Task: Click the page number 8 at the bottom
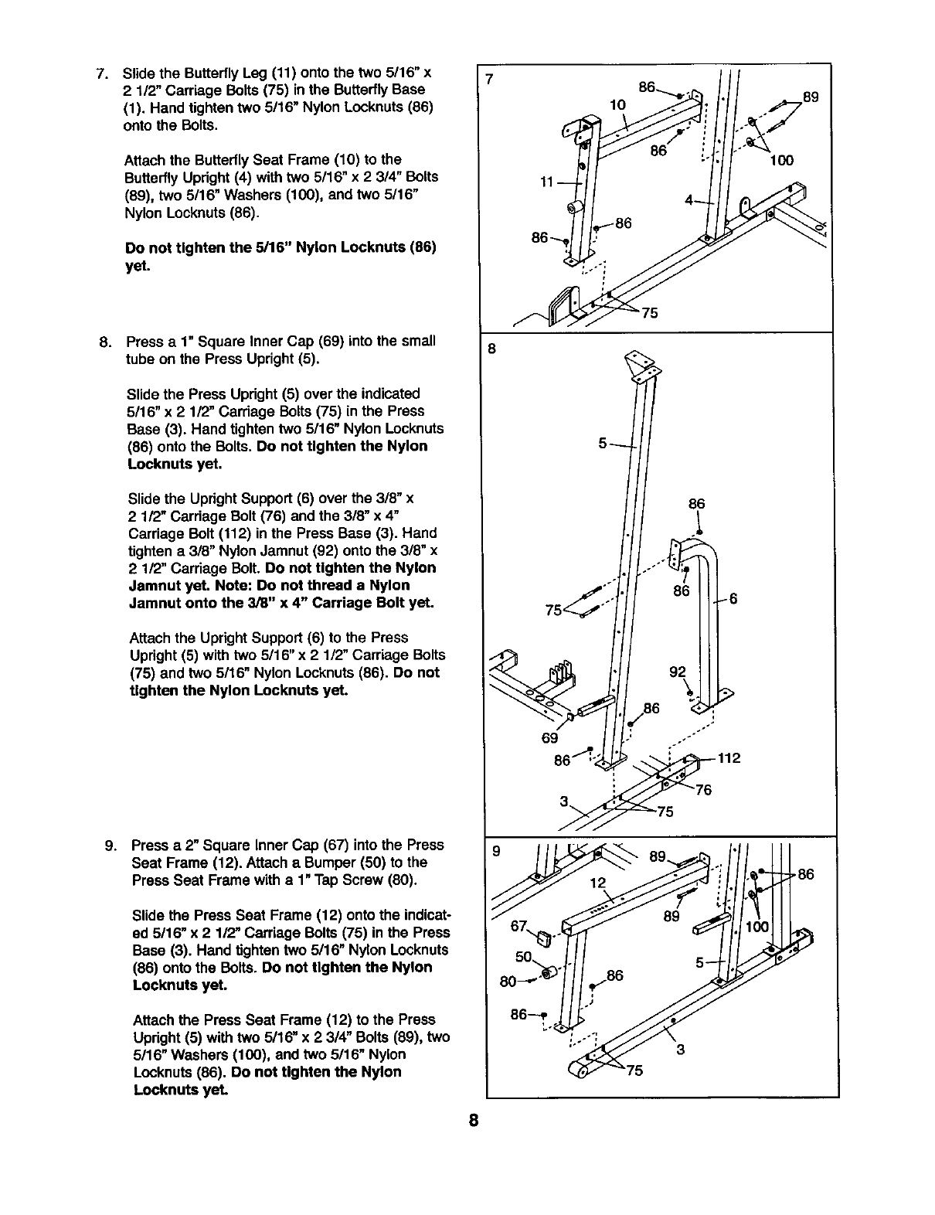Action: coord(474,1121)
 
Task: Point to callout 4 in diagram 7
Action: coord(689,200)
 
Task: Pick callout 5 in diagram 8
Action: coord(603,444)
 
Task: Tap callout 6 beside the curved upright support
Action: coord(734,597)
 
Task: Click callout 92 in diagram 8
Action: coord(677,672)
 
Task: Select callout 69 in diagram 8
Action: coord(549,737)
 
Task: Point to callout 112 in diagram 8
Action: coord(729,758)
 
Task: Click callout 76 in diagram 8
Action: coord(702,789)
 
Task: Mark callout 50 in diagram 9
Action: coord(523,958)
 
